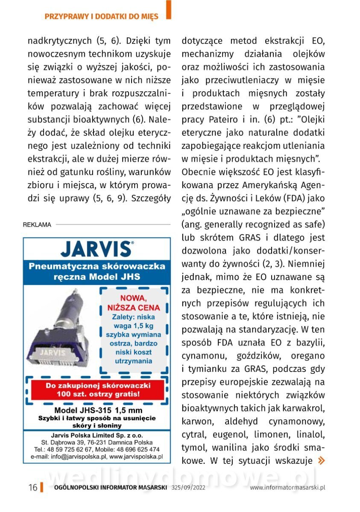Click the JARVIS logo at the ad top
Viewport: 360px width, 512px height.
coord(97,249)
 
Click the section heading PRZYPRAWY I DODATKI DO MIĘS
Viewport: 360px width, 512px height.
coord(101,17)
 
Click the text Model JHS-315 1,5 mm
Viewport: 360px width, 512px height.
coord(97,410)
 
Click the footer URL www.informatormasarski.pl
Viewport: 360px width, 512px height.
coord(288,488)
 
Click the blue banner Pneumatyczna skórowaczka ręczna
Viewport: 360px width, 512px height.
coord(97,272)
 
